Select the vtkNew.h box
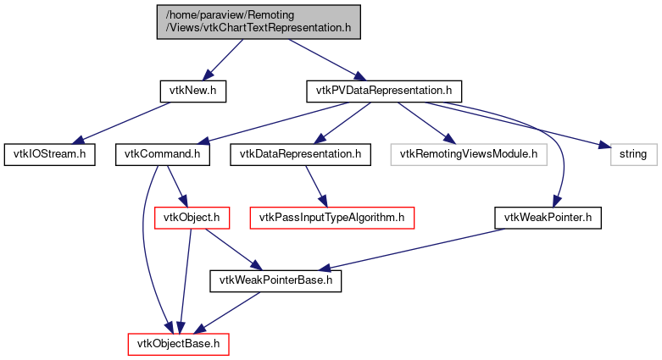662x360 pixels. tap(193, 90)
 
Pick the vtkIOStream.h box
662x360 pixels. tap(49, 154)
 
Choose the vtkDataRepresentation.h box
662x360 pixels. tap(300, 154)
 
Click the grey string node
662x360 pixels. tap(631, 154)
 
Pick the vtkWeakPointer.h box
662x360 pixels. tap(547, 218)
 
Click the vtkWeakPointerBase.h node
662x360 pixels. tap(275, 280)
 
